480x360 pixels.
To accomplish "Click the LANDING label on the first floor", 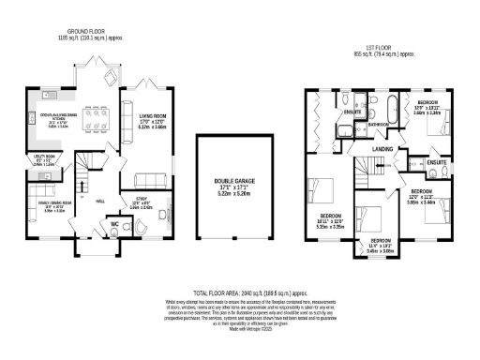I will pos(382,149).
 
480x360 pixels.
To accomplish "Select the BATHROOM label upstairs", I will pos(379,124).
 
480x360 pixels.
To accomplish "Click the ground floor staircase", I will pos(83,177).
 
